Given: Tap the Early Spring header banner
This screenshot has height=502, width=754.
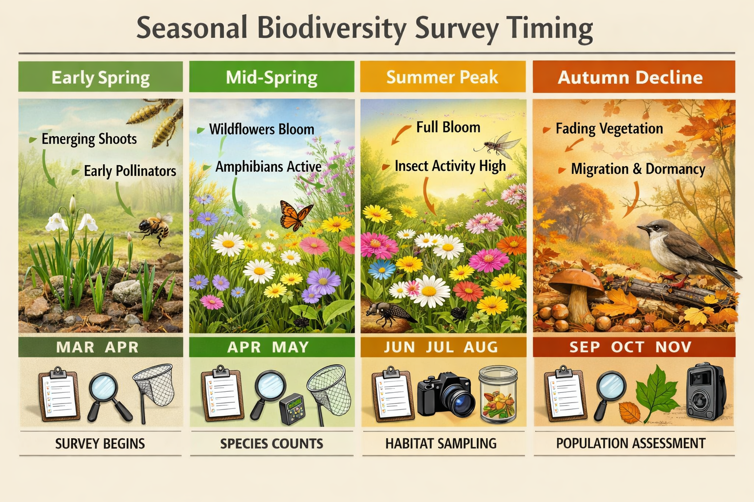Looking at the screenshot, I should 101,77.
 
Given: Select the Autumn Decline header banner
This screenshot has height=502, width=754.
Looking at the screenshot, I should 633,77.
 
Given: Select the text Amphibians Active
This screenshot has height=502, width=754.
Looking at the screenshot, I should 268,167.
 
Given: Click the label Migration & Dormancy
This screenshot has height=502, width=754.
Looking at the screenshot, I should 638,169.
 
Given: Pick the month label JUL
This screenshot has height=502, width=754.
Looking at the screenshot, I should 440,347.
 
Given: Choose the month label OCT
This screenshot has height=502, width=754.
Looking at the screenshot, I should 627,347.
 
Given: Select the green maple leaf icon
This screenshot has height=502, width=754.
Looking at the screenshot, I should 657,393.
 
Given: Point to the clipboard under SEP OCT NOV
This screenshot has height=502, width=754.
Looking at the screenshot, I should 565,395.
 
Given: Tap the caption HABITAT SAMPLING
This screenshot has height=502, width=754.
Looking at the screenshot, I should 441,444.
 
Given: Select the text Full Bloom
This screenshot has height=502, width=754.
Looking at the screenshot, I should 448,127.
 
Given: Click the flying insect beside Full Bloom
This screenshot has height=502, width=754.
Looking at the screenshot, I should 497,145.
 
